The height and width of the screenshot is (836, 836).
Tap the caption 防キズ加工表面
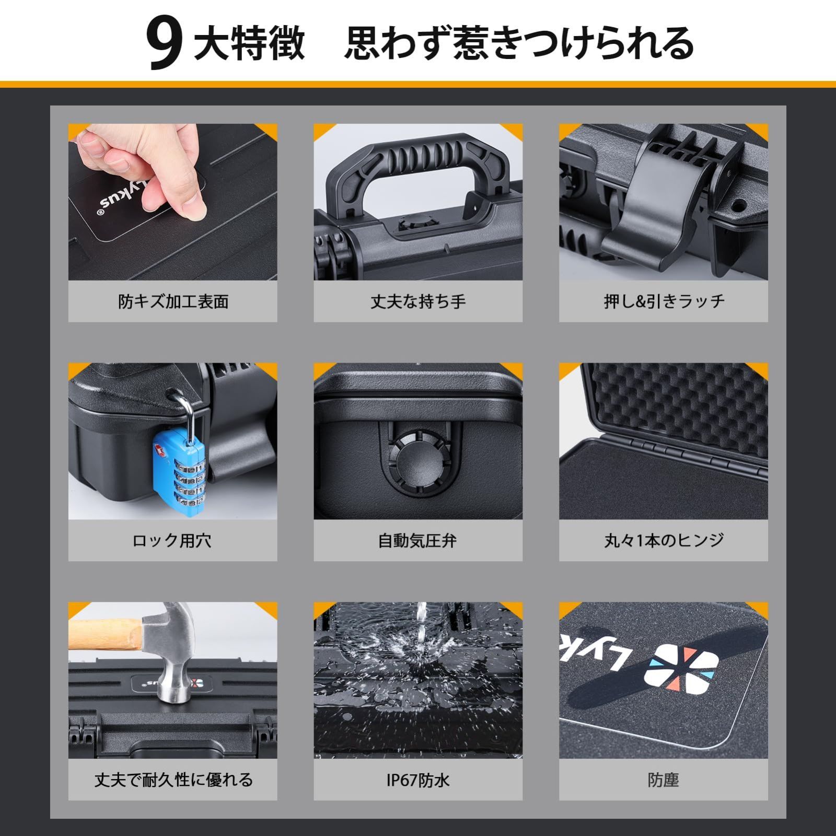[x=173, y=301]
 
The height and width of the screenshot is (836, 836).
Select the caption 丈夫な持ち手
[x=418, y=301]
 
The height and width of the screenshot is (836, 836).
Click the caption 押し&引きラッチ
[x=664, y=301]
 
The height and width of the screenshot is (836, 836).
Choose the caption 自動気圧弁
[x=417, y=540]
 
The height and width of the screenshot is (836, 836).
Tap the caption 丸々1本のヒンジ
[x=664, y=540]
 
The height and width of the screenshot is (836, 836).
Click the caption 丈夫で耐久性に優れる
[x=173, y=780]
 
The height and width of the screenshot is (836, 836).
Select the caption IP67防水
[x=418, y=780]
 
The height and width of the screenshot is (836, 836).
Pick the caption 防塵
[x=663, y=780]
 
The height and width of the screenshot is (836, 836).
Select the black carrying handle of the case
[x=418, y=162]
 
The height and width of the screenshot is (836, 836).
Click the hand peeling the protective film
[x=146, y=167]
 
